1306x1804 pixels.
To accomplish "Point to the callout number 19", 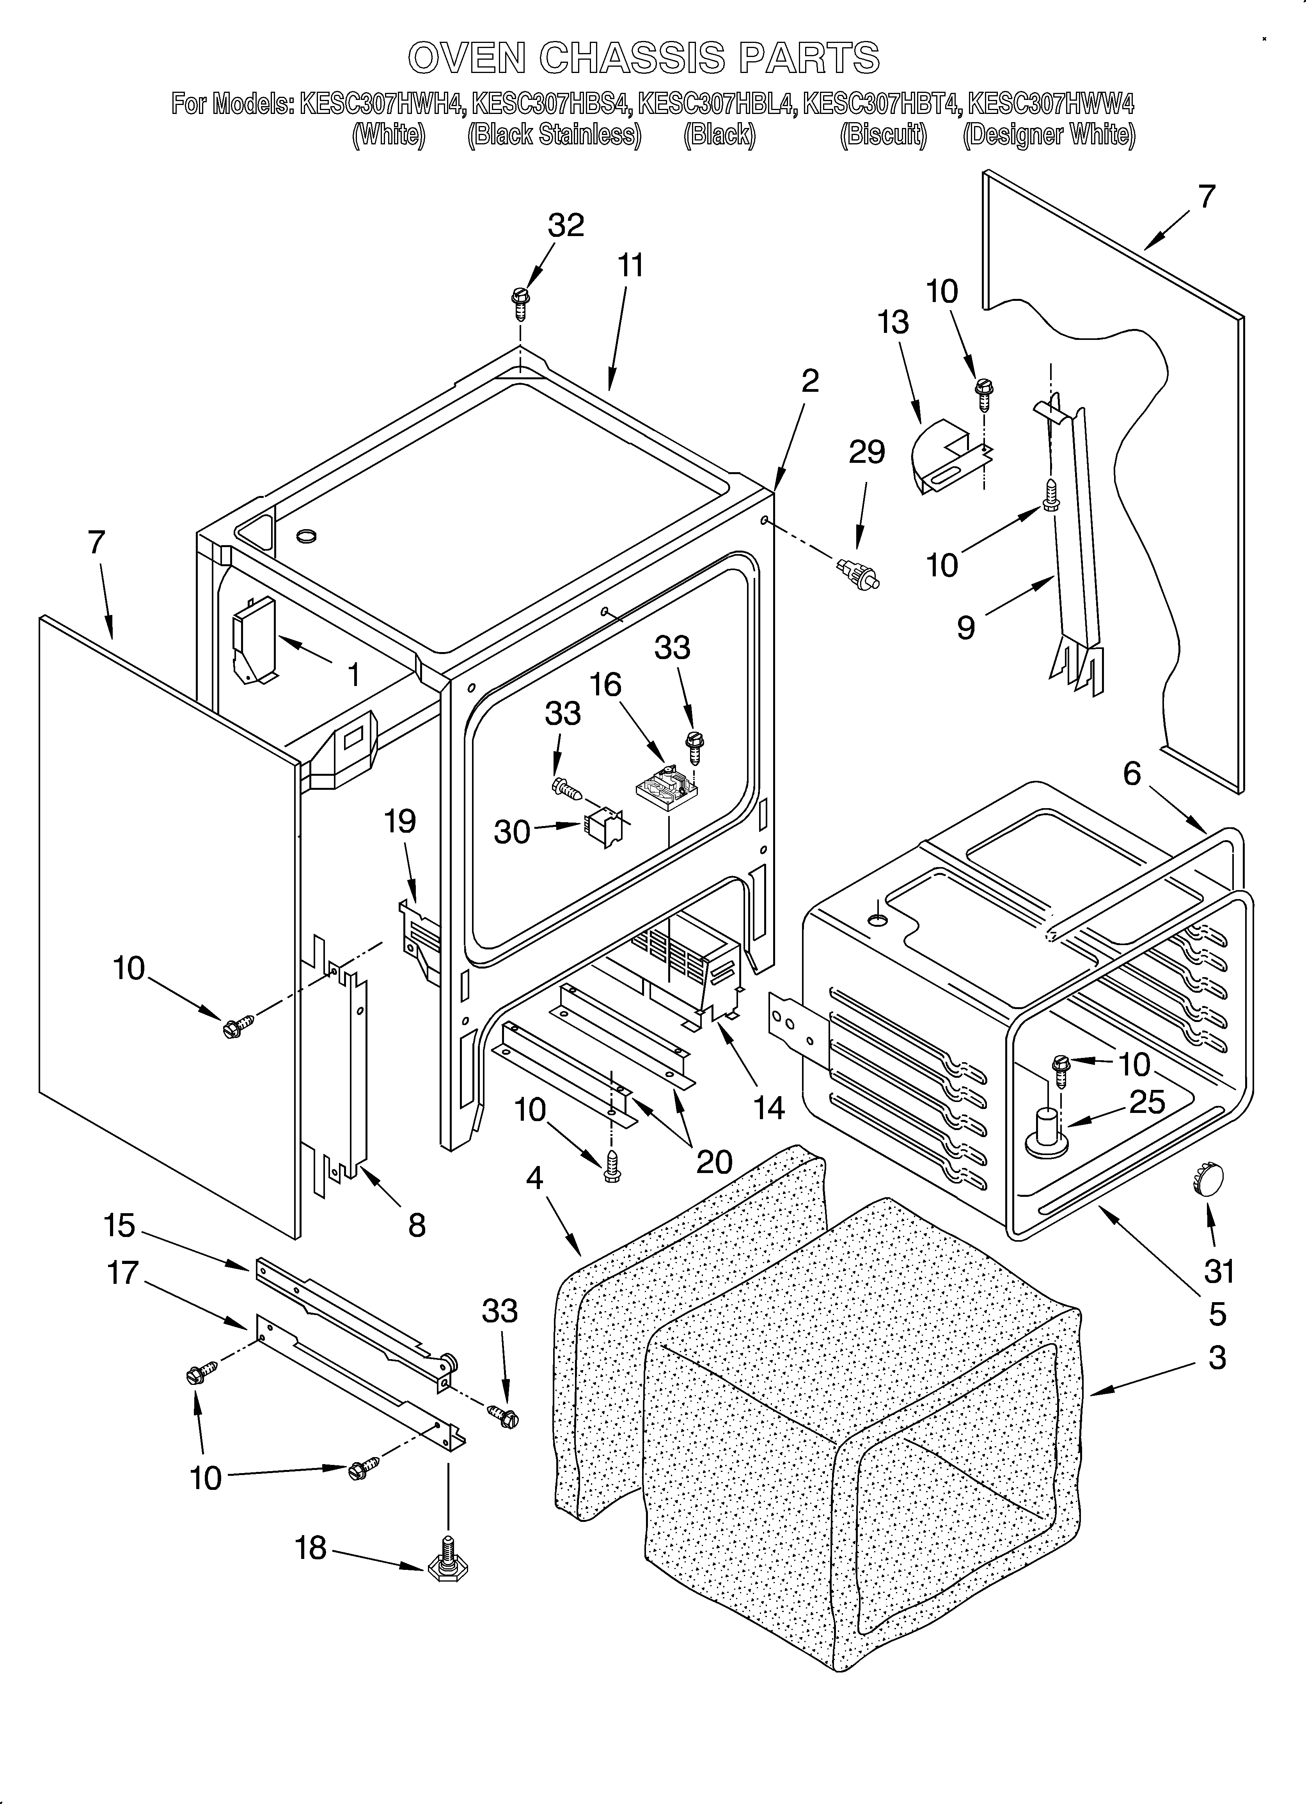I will coord(400,821).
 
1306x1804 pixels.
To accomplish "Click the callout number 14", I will coord(768,1108).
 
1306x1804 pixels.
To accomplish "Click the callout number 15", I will coord(119,1226).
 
